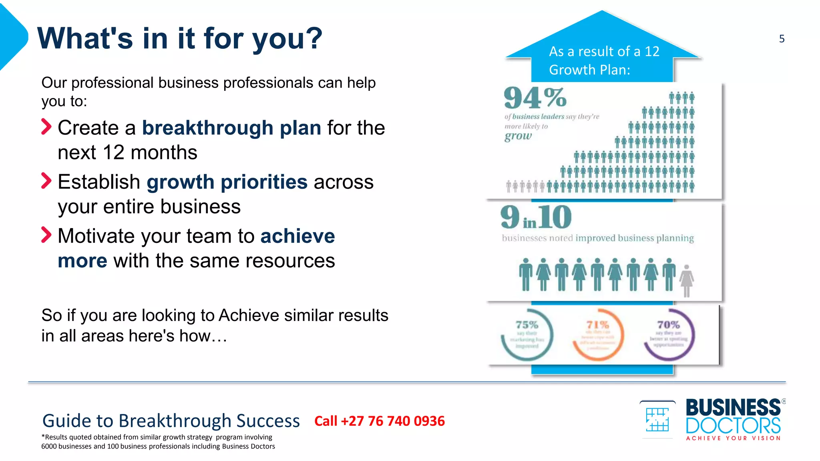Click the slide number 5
click(x=782, y=39)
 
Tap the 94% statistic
click(x=535, y=98)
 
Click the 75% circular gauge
click(x=527, y=335)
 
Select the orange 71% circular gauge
click(x=598, y=335)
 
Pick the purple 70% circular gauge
click(x=669, y=335)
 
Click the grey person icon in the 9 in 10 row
click(x=687, y=280)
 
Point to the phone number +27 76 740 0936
click(x=379, y=421)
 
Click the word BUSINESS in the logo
click(x=733, y=408)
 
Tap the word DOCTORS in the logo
click(x=733, y=425)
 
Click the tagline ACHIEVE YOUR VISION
click(x=733, y=438)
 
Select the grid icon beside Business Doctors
click(x=657, y=419)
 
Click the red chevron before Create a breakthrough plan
click(x=46, y=127)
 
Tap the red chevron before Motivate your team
click(x=46, y=235)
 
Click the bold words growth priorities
click(x=227, y=182)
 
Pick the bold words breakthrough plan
click(x=231, y=128)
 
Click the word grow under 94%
click(x=518, y=136)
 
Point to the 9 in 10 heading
click(x=536, y=218)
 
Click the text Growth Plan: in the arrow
click(x=589, y=70)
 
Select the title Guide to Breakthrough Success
click(x=171, y=421)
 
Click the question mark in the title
click(x=314, y=38)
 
